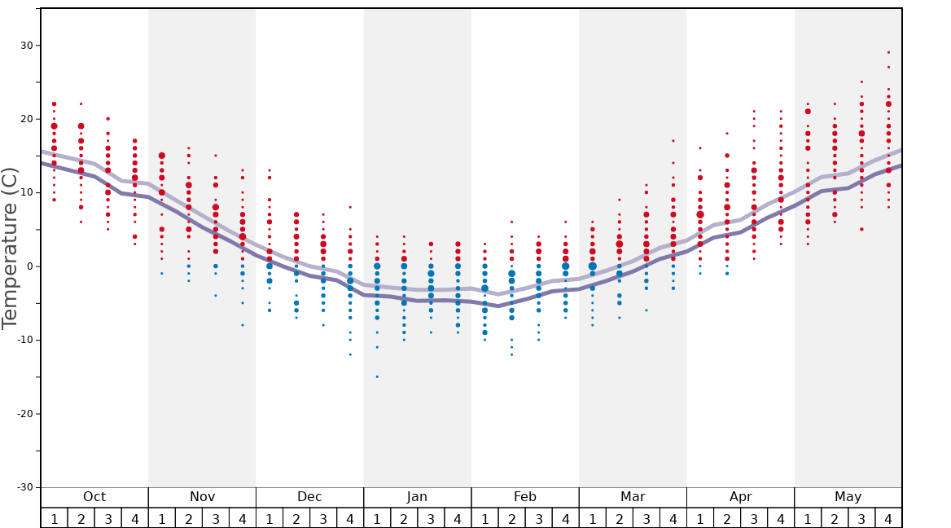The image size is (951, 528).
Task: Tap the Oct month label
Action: coord(94,497)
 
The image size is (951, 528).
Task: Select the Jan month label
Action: coord(417,497)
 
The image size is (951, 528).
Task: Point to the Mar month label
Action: coord(633,497)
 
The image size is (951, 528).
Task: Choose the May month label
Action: coord(848,497)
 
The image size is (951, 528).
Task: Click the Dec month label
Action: coord(309,497)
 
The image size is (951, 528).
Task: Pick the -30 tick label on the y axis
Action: coord(24,487)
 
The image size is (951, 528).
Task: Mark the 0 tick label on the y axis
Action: coord(31,266)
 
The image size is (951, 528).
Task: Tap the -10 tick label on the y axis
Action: coord(24,340)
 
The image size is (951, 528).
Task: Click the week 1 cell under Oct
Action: coord(54,519)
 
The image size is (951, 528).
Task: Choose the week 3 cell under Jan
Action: coord(431,519)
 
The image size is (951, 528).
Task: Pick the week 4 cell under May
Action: coord(888,519)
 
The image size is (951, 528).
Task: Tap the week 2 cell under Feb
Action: coord(511,519)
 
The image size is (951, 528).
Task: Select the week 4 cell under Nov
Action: coord(242,519)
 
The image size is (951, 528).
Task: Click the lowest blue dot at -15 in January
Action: coord(377,376)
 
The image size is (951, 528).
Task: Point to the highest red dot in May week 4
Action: coord(888,52)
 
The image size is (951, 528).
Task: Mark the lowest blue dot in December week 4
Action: coord(350,354)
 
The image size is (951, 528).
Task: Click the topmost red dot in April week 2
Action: coord(727,134)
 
